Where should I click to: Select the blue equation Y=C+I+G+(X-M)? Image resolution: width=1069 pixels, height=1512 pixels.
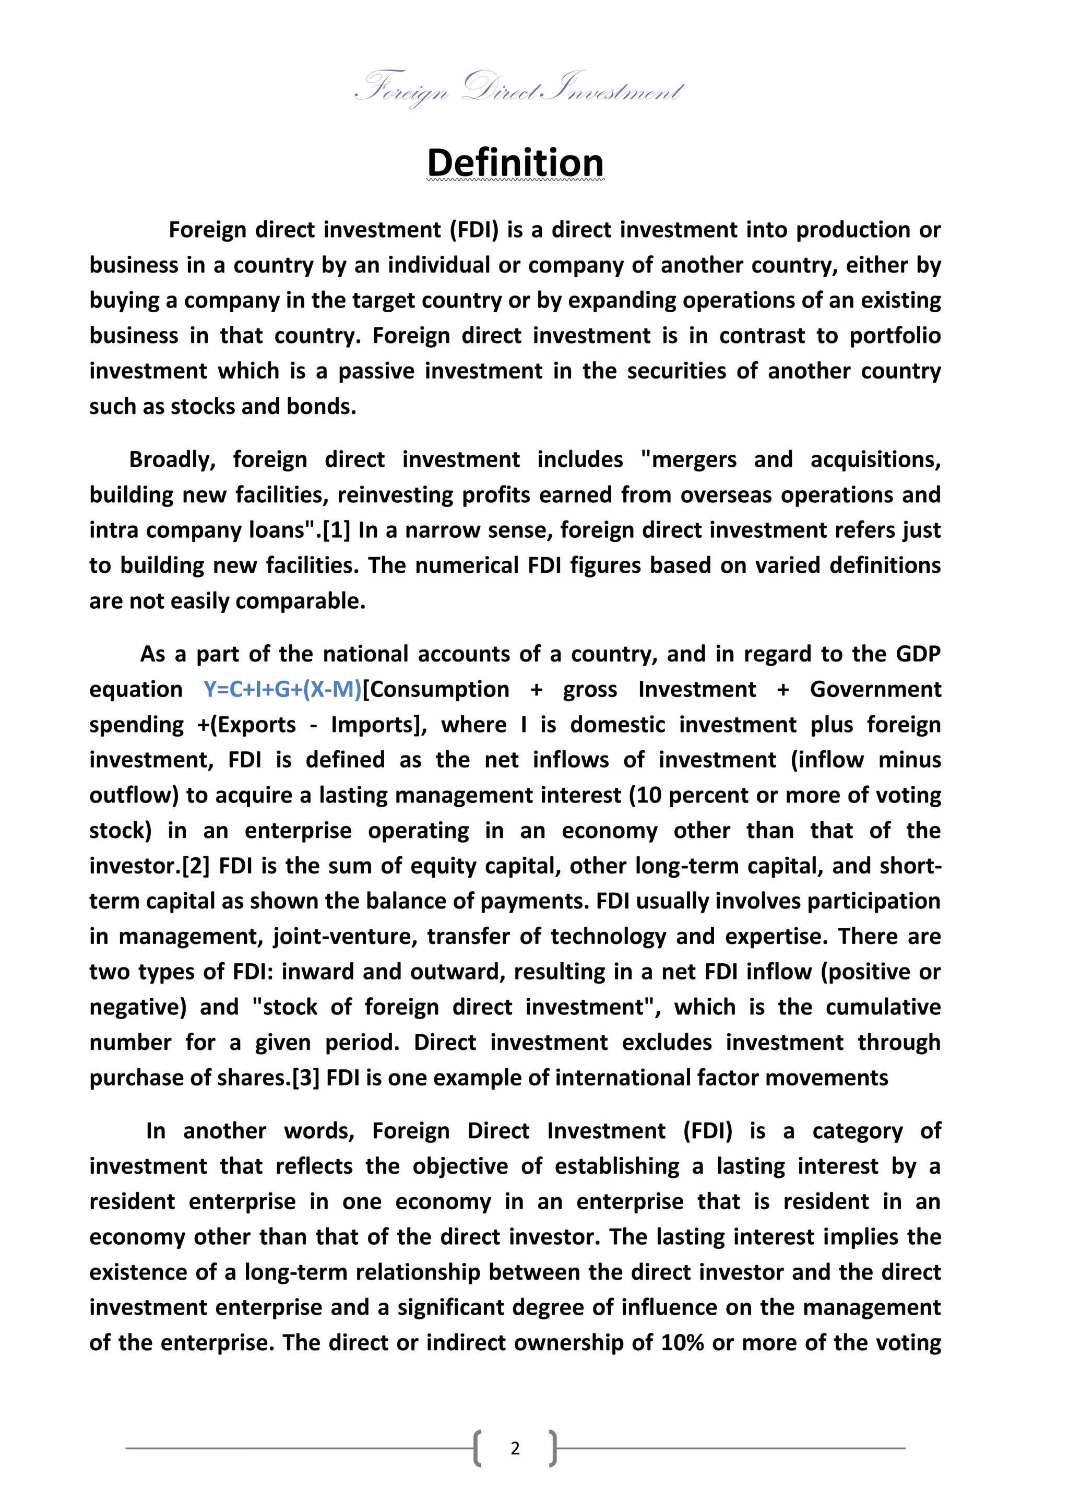pyautogui.click(x=282, y=690)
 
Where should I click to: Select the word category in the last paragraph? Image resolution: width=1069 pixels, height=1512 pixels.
pyautogui.click(x=857, y=1131)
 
